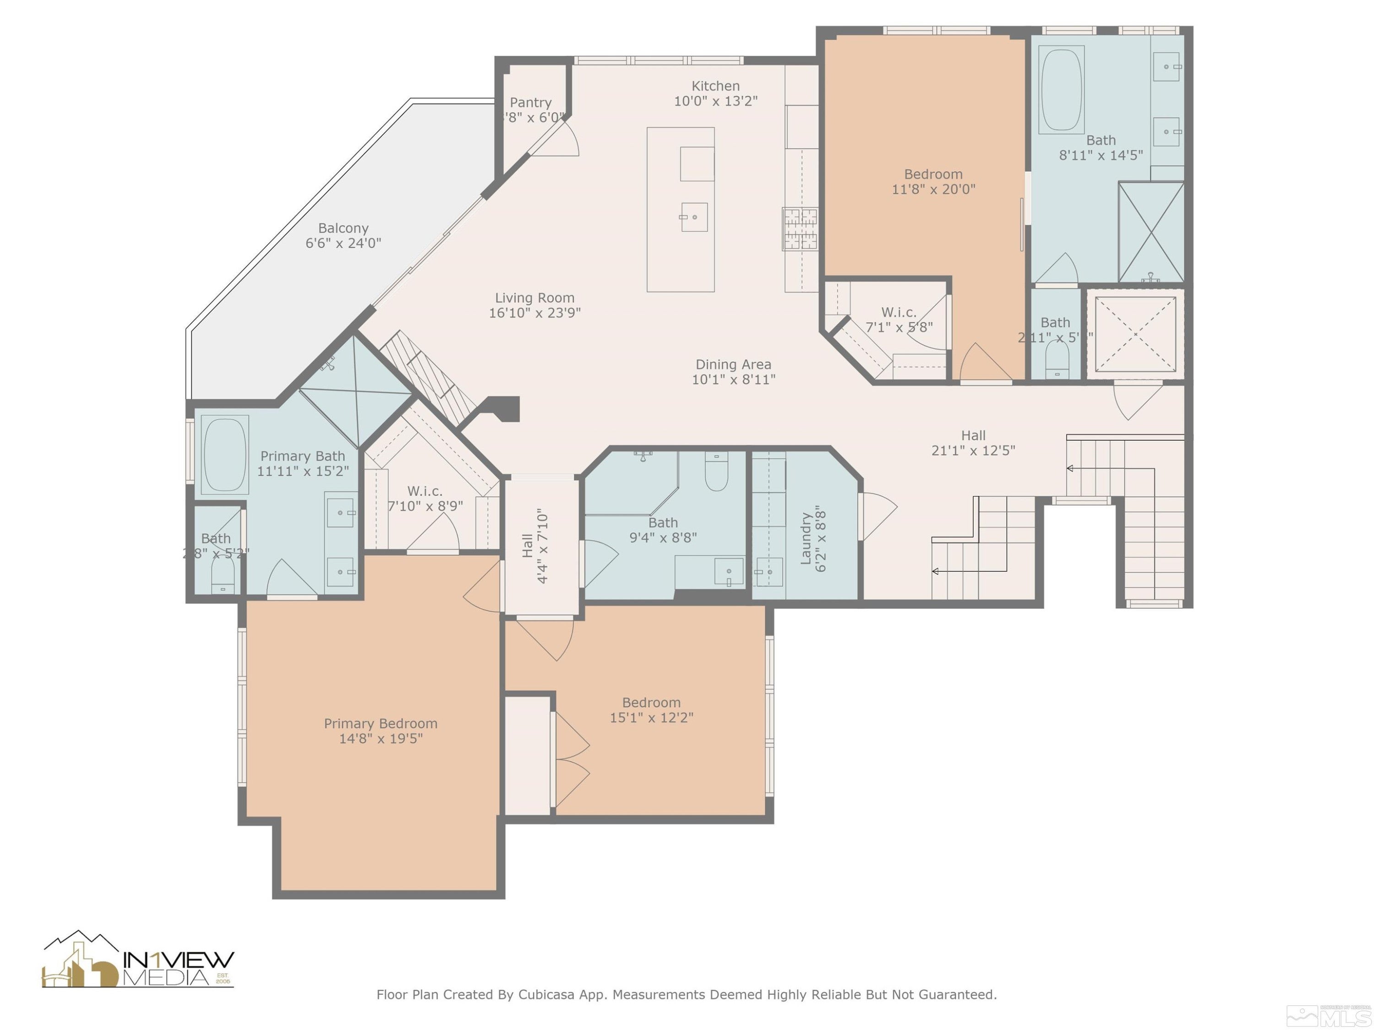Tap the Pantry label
(530, 103)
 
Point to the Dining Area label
(733, 365)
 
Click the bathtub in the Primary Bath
(224, 455)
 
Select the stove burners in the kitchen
(799, 228)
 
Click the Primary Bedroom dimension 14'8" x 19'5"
(381, 739)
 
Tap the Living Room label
(534, 298)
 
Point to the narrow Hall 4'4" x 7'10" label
(534, 546)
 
